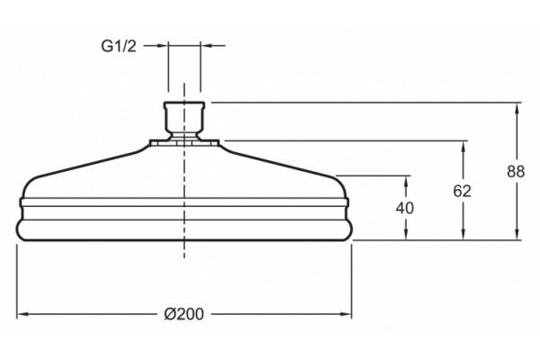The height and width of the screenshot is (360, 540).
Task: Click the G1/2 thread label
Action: [x=119, y=46]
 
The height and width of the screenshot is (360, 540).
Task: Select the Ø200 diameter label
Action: [x=184, y=314]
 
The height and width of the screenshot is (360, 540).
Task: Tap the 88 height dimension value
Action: [x=516, y=172]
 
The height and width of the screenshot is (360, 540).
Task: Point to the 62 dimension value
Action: [x=462, y=191]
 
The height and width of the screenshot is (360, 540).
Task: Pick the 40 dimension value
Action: [x=405, y=208]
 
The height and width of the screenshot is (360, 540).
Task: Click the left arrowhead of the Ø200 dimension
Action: [x=22, y=314]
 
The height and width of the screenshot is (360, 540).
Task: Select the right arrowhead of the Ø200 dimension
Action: [x=346, y=314]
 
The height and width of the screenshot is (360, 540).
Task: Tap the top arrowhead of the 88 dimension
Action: [x=517, y=109]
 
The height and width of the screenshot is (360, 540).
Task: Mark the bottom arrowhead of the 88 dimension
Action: [x=517, y=234]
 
